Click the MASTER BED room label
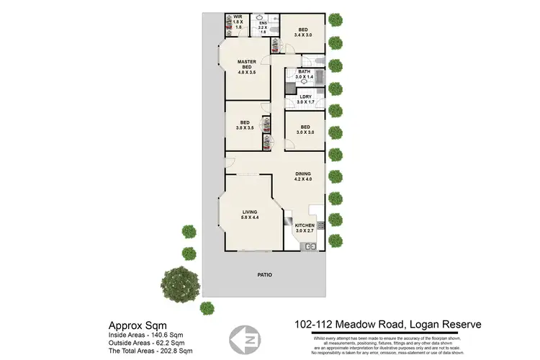[x=248, y=68]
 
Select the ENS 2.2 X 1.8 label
[x=263, y=27]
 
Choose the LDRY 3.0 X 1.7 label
[x=305, y=100]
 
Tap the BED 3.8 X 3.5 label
[x=246, y=125]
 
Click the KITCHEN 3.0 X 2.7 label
[x=305, y=229]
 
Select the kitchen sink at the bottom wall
[x=310, y=247]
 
